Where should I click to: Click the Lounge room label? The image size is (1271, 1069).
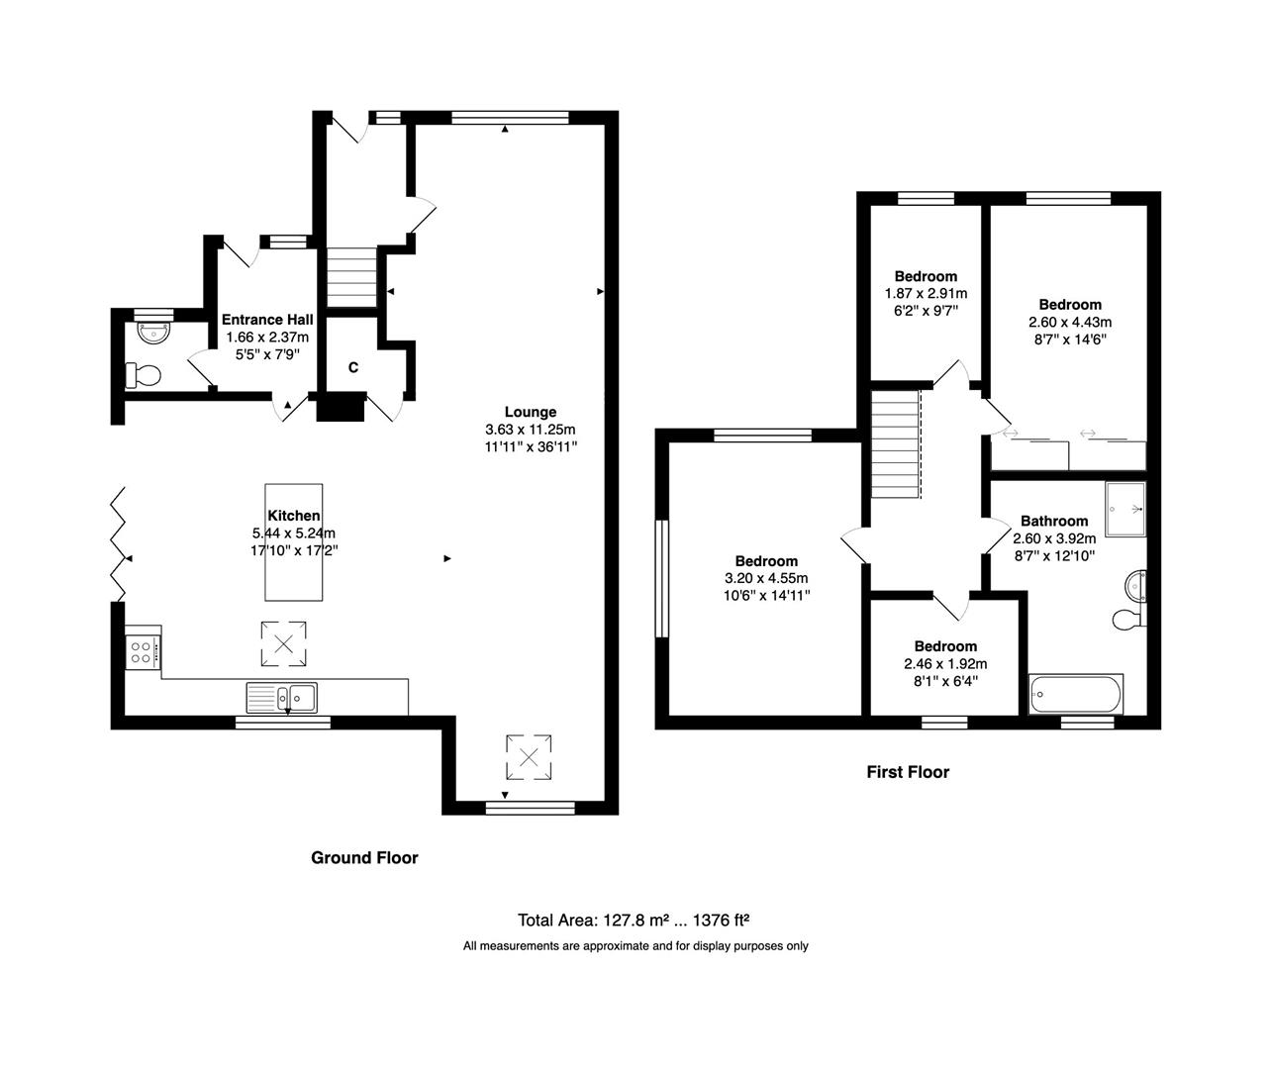[x=531, y=412]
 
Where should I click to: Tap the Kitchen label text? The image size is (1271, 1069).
[x=293, y=516]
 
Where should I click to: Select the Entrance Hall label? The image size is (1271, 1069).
[x=267, y=320]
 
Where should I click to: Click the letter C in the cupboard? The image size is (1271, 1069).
[x=352, y=367]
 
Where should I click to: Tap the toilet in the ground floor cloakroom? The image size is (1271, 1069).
[x=143, y=376]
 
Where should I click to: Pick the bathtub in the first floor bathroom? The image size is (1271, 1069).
[x=1076, y=695]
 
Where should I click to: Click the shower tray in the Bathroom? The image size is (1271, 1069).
[x=1125, y=508]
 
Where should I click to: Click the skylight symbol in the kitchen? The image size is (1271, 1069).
[x=283, y=644]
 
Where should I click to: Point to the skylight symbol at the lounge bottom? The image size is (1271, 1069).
[x=529, y=758]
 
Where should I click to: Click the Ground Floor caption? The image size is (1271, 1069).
[x=364, y=858]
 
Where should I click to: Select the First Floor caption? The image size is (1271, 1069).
[x=907, y=772]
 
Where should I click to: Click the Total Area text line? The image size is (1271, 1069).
[x=639, y=920]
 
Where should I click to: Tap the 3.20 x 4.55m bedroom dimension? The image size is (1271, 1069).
[x=766, y=578]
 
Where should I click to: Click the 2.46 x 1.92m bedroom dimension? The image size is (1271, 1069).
[x=944, y=664]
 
